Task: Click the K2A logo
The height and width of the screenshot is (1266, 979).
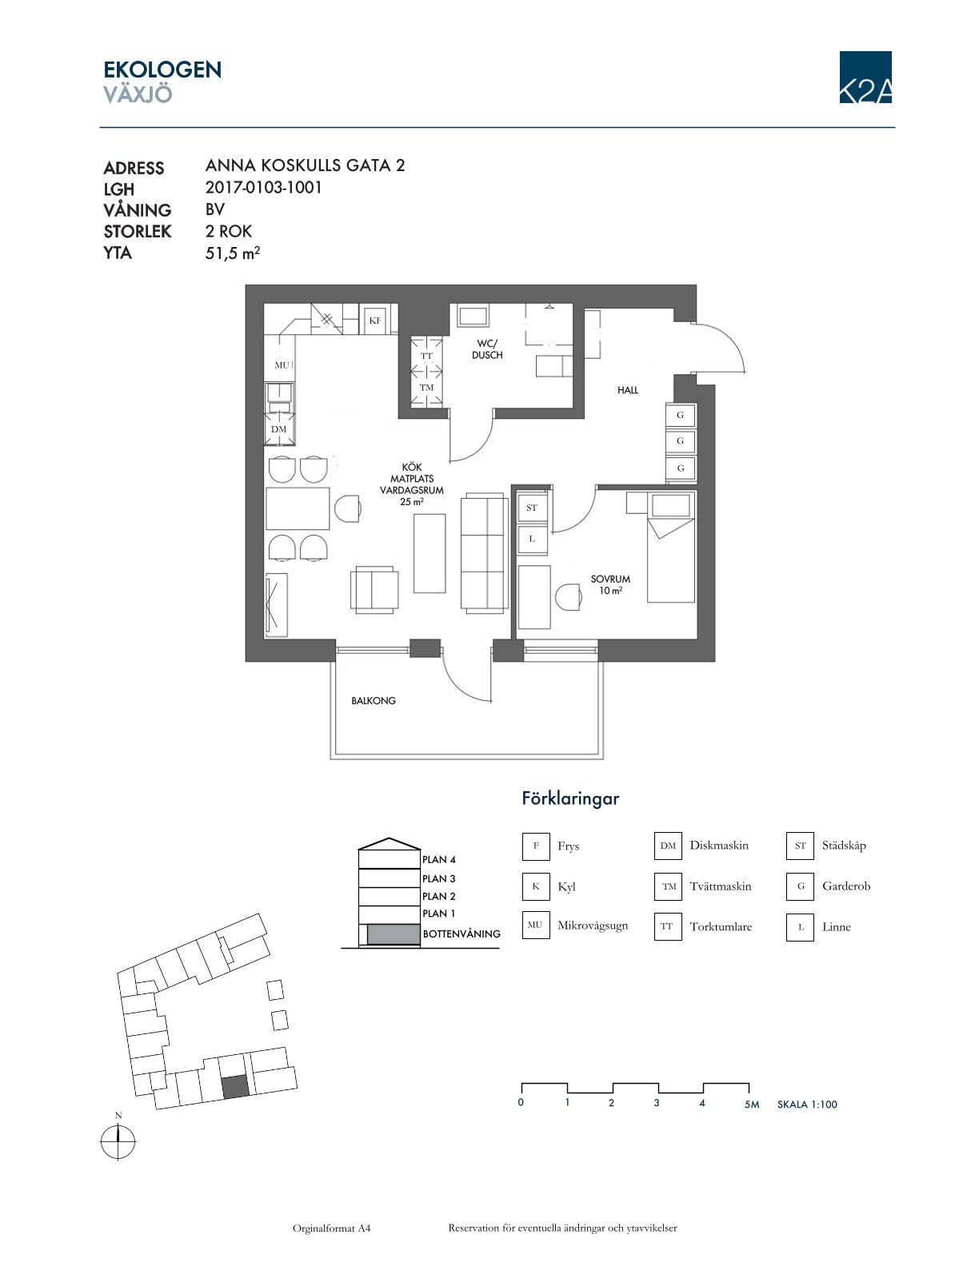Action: click(865, 77)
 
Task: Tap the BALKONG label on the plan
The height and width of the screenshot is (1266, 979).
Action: click(374, 701)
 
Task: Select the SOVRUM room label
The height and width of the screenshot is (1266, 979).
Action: click(610, 579)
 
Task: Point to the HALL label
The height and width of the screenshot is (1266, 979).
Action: click(628, 390)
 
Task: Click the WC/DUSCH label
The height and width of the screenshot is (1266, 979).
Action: click(487, 349)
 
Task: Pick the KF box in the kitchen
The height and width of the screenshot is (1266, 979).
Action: click(375, 320)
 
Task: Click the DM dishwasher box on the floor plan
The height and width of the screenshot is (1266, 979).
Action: click(278, 429)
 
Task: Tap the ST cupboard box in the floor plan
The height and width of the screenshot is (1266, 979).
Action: click(532, 508)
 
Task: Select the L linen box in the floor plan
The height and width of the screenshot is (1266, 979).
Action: click(532, 539)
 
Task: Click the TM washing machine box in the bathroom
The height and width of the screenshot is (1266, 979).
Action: click(426, 388)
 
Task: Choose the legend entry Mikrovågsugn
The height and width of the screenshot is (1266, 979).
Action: click(593, 926)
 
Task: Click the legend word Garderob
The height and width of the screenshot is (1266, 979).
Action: click(846, 886)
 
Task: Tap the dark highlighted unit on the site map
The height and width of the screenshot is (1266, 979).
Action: click(236, 1087)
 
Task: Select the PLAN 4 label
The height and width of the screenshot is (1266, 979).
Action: click(438, 859)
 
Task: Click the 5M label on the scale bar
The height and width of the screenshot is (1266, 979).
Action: click(752, 1104)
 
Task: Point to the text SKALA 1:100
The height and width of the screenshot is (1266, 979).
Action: click(807, 1104)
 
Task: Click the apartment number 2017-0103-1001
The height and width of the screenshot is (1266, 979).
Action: click(264, 188)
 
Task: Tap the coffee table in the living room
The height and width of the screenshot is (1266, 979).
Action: click(430, 553)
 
